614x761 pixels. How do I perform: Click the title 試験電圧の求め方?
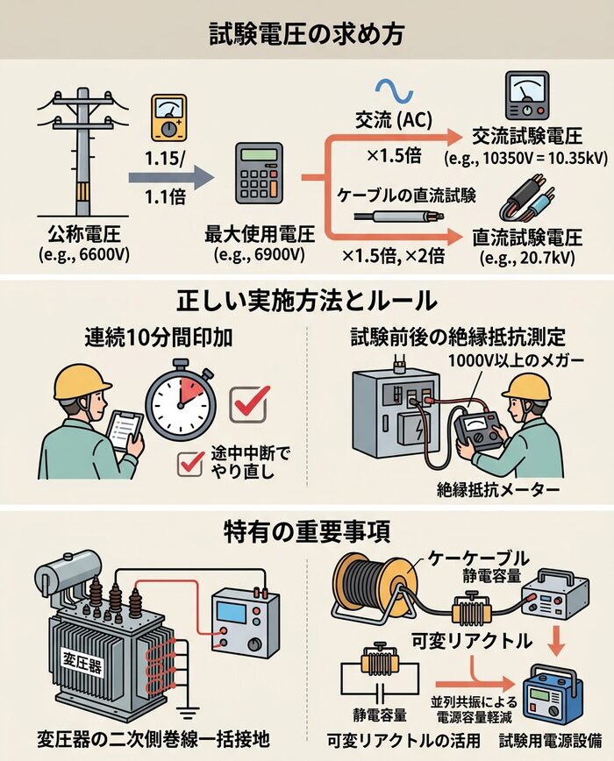pyautogui.click(x=306, y=33)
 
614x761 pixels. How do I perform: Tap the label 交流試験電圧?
pyautogui.click(x=514, y=138)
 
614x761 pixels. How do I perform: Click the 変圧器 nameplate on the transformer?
pyautogui.click(x=82, y=663)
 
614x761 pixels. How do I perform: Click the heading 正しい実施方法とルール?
pyautogui.click(x=307, y=301)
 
